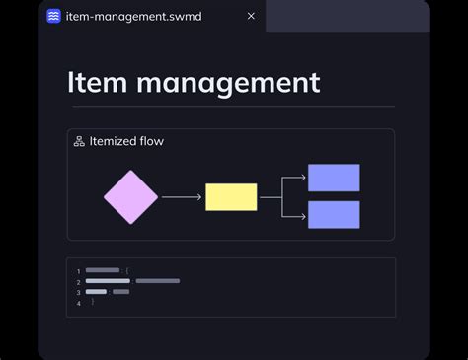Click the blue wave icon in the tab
(53, 17)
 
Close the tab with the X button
(251, 16)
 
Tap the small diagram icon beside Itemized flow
(79, 141)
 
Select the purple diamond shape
(130, 197)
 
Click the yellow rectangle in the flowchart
(231, 197)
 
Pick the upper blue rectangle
(334, 178)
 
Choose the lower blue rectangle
(334, 214)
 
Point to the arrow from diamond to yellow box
(181, 197)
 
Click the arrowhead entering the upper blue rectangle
(302, 178)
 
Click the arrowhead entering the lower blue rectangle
(302, 214)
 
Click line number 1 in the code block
(78, 270)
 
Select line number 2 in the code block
(78, 281)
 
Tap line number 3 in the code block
(78, 292)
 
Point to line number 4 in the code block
(78, 303)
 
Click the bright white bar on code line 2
(108, 281)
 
